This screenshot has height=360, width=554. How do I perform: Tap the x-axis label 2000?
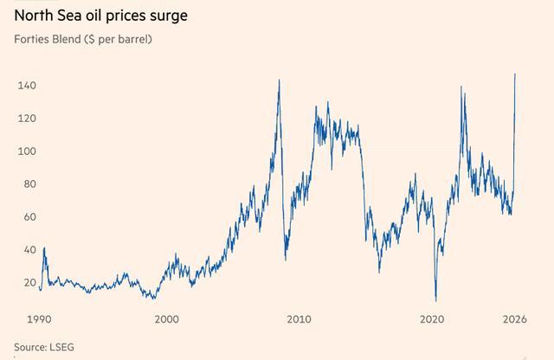tap(166, 319)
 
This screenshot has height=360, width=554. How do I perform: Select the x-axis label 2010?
tap(300, 319)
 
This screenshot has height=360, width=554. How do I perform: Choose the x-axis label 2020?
tap(432, 319)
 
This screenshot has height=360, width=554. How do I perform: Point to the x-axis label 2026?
tap(517, 319)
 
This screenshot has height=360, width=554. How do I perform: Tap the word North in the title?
tap(31, 16)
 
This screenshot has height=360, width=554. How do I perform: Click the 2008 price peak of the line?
tap(279, 80)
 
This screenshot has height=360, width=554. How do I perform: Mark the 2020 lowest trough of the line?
tap(436, 299)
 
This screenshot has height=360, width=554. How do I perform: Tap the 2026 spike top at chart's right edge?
tap(515, 74)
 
